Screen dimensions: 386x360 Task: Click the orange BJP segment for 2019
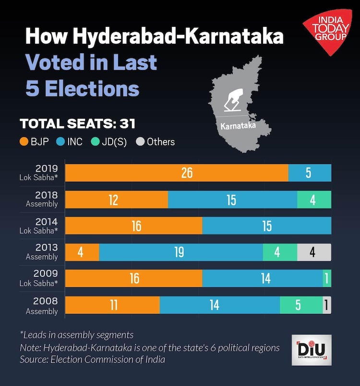click(x=176, y=173)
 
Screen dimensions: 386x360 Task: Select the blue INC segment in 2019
click(x=310, y=173)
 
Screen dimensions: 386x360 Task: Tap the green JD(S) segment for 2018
click(x=314, y=199)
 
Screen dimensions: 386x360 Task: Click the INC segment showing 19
click(x=180, y=252)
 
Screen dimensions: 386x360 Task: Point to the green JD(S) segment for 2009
click(x=327, y=279)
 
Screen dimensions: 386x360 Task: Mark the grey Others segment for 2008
click(x=327, y=305)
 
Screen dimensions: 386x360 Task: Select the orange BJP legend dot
click(x=24, y=142)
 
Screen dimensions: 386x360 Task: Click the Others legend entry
click(x=161, y=142)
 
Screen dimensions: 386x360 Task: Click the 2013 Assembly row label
click(x=44, y=252)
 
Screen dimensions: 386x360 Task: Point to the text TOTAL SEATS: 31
click(x=77, y=124)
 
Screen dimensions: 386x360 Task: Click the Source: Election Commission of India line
click(x=92, y=360)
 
